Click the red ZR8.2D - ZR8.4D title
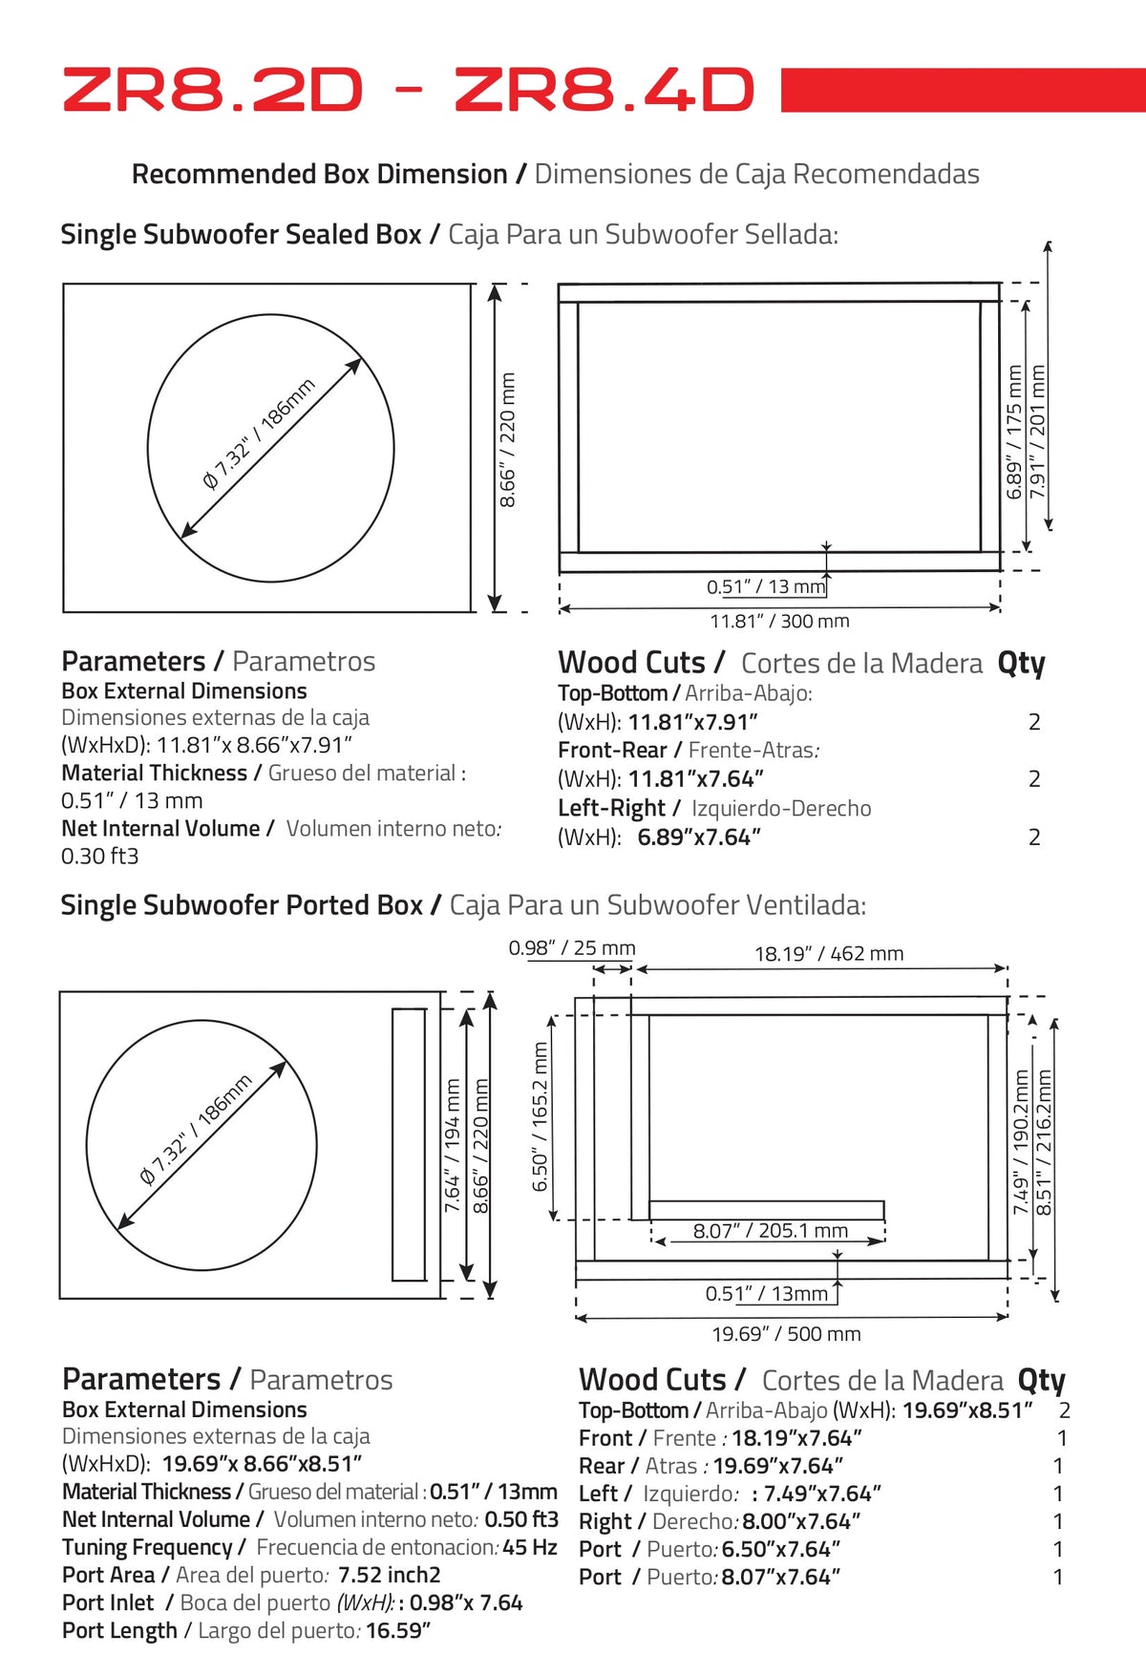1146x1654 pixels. [x=409, y=91]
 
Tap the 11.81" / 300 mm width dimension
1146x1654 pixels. [x=779, y=621]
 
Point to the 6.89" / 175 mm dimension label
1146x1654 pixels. [x=1014, y=433]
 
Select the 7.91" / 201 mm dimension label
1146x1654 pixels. [x=1038, y=433]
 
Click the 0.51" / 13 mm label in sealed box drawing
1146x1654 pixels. [x=766, y=586]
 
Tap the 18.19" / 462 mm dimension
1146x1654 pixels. [x=829, y=953]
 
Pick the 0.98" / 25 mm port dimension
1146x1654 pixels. [x=572, y=948]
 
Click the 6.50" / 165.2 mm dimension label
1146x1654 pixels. [x=541, y=1117]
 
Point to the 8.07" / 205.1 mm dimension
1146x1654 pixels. [x=771, y=1231]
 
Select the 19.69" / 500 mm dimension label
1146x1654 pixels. [x=786, y=1333]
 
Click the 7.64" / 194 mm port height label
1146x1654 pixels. [x=453, y=1146]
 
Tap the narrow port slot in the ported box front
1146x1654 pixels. [x=409, y=1144]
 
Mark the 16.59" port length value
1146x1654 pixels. [x=398, y=1630]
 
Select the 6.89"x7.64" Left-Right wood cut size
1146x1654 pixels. [x=699, y=838]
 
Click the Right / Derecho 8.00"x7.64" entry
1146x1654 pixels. [x=720, y=1521]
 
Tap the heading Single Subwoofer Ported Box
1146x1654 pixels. [x=242, y=905]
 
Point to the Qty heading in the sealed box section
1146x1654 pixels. [x=1021, y=663]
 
